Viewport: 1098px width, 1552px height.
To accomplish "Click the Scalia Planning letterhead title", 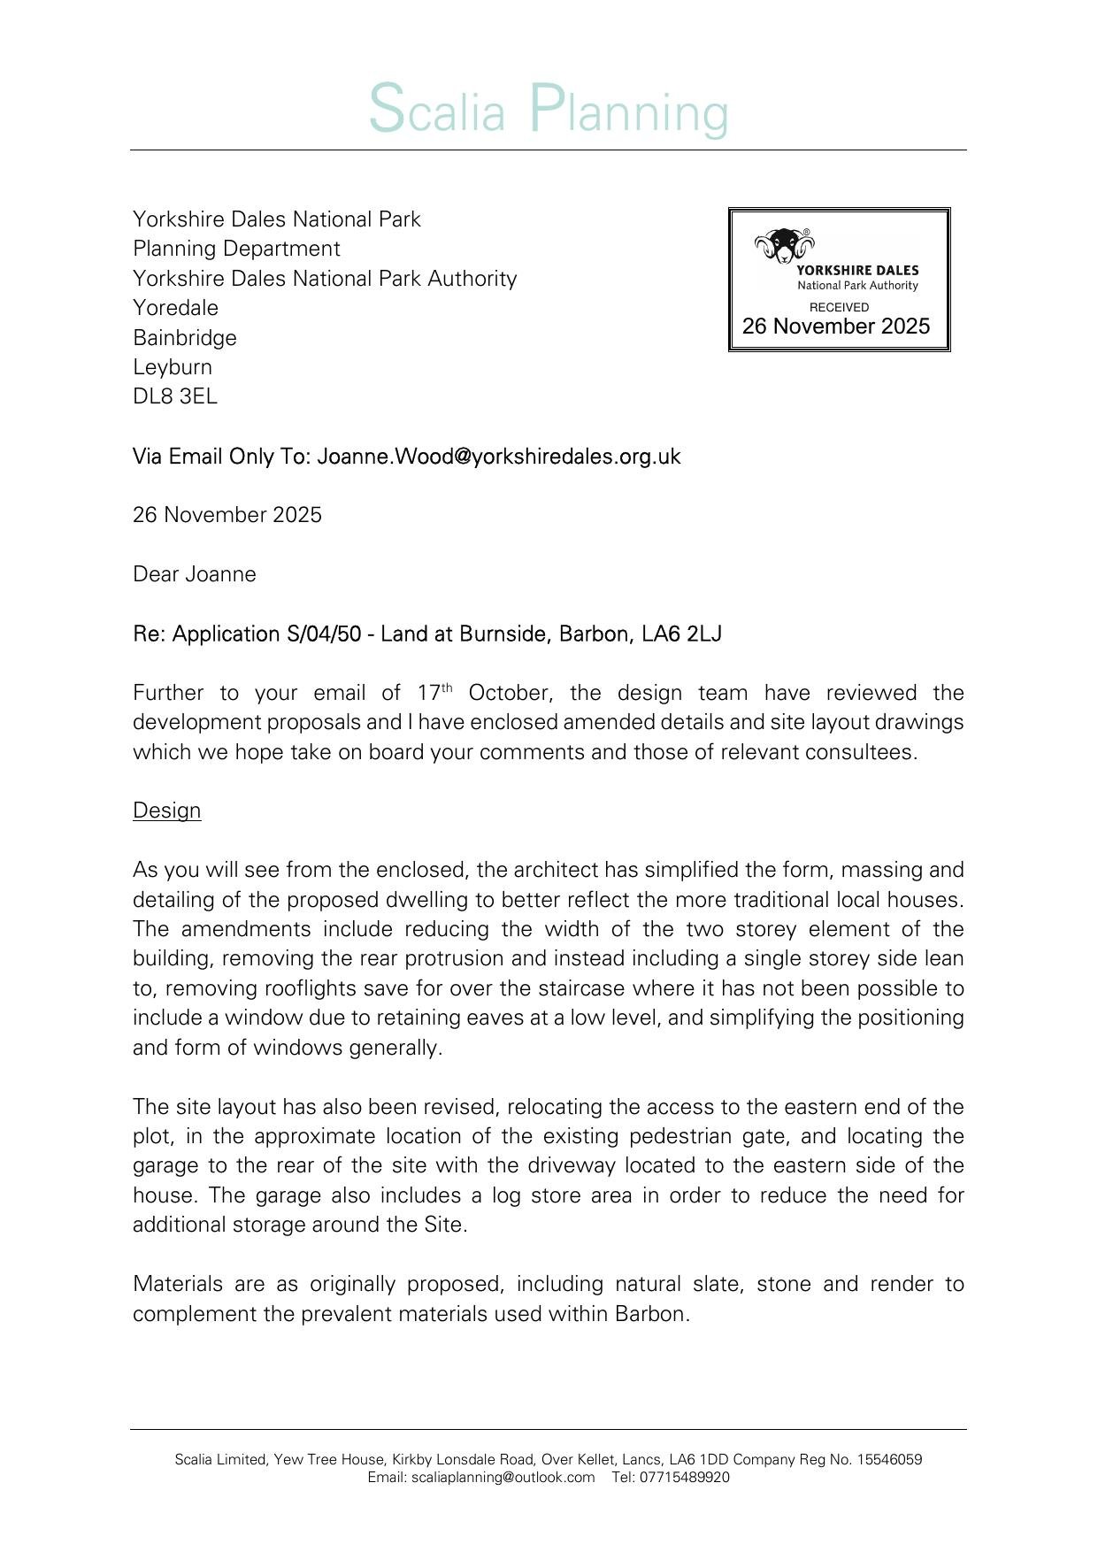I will tap(549, 110).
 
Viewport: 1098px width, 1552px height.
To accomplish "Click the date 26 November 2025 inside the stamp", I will tap(836, 327).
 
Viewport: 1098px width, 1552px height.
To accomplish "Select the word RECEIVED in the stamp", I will tap(839, 307).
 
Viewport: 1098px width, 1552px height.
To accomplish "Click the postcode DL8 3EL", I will tap(175, 396).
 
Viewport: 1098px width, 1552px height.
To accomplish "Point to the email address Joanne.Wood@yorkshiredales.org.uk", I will tap(499, 457).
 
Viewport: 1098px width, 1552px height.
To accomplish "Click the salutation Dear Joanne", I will tap(195, 574).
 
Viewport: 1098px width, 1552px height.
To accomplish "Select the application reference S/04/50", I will tap(324, 634).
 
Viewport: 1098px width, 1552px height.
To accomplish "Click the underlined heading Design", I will tap(167, 811).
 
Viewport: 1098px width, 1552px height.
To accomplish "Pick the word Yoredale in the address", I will tap(175, 308).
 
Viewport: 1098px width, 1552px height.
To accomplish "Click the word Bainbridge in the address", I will tap(185, 338).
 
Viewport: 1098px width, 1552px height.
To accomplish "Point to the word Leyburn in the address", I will tap(173, 367).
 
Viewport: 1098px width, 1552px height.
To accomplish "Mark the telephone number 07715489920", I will tap(687, 1478).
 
